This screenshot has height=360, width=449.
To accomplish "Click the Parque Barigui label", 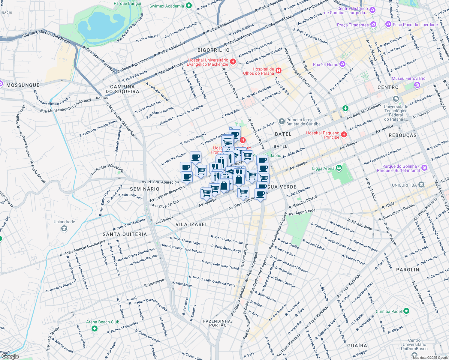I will point(127,3).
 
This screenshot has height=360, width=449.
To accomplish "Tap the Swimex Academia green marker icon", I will point(189,6).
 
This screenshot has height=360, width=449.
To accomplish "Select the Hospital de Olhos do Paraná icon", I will point(279,71).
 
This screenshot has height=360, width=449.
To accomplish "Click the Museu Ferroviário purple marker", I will point(417,85).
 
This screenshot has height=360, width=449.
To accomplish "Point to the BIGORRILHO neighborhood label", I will point(213,50).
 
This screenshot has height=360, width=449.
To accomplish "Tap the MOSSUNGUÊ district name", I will point(23,85).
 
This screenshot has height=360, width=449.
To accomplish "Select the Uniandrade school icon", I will point(64,229).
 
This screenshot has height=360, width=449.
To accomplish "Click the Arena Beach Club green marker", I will point(95,329).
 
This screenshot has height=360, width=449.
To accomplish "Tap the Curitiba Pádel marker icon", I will point(406,311).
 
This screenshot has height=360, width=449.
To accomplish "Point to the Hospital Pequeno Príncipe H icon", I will point(344,135).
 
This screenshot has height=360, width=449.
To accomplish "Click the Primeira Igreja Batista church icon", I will point(282,121).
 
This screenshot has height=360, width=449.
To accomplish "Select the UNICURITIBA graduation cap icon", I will point(421,185).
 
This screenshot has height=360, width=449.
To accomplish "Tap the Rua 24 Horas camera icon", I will point(343,64).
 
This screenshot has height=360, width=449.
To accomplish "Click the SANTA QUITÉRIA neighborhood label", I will point(125,234).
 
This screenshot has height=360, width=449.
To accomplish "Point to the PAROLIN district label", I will point(408,270).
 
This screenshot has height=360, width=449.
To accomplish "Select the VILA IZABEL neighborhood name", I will point(191,224).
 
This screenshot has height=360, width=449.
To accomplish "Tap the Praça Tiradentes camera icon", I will point(373,25).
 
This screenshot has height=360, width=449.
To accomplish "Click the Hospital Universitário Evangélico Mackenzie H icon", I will point(233,62).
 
